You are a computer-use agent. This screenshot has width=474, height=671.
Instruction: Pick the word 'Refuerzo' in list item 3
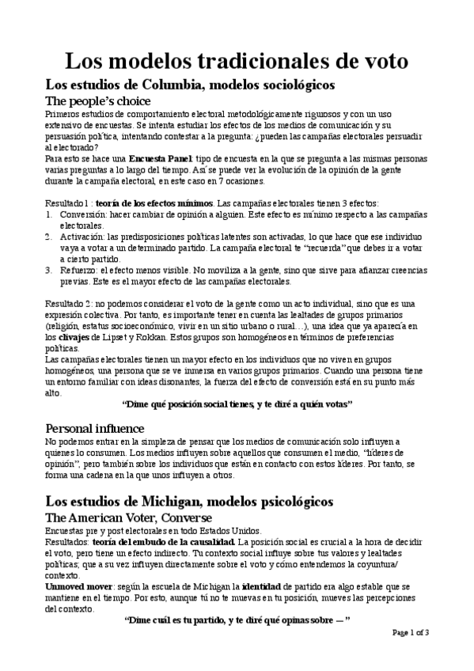(x=74, y=269)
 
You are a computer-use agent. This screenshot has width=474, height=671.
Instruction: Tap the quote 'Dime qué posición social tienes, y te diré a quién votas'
(x=237, y=404)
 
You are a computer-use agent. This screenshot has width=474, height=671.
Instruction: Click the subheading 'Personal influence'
(x=93, y=427)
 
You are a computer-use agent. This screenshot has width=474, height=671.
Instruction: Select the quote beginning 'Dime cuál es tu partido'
(x=237, y=620)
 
